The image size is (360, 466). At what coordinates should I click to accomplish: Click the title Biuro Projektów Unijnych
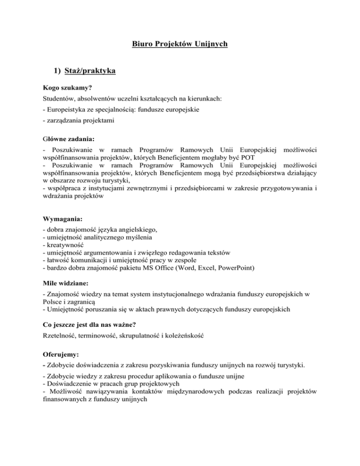(x=180, y=45)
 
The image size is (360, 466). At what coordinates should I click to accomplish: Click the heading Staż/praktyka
(x=90, y=72)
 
